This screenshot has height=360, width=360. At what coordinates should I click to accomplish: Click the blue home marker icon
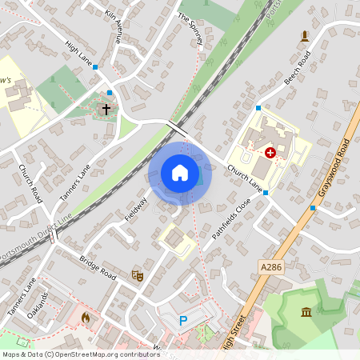180,173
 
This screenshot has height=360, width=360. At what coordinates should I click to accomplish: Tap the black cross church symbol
106,107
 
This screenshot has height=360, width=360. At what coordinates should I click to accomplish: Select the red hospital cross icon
270,151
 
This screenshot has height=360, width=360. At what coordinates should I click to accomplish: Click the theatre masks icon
137,274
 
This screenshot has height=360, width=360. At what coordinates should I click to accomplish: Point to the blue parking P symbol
182,321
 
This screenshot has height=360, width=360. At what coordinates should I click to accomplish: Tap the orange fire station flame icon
86,317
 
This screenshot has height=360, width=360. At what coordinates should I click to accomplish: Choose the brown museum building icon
307,310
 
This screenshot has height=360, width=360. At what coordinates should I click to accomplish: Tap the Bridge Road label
98,267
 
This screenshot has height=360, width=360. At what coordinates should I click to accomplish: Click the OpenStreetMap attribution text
81,354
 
